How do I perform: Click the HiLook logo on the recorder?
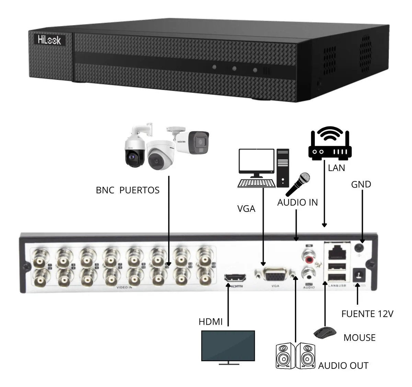coord(49,40)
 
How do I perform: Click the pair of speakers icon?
coord(295,355)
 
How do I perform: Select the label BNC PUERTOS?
coord(128,190)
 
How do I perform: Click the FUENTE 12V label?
coord(367,314)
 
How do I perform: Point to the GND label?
coord(361,184)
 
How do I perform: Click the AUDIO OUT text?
coord(343,366)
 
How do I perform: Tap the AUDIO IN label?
coord(297,203)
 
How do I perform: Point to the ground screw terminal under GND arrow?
coord(360,248)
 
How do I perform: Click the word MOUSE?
coord(359,338)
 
